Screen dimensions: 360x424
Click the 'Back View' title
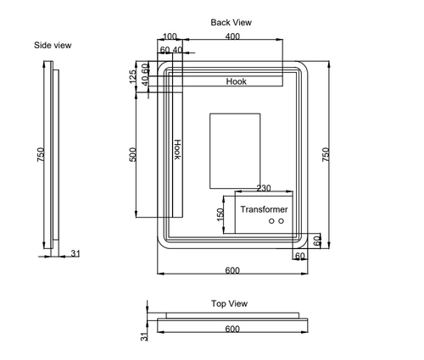232,22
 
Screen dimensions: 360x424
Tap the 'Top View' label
229,302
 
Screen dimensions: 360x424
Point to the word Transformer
264,208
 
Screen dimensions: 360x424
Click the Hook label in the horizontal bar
237,81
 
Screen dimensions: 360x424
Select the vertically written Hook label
177,149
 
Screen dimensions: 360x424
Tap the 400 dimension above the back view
232,36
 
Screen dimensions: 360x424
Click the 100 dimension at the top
170,36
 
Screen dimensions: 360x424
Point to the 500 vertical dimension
132,158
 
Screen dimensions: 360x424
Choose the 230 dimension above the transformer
264,189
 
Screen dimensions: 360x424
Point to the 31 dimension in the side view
75,253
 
